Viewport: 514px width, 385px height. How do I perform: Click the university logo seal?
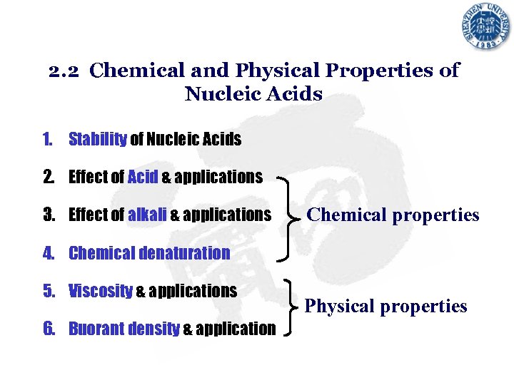click(485, 27)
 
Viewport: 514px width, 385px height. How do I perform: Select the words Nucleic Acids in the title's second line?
click(253, 93)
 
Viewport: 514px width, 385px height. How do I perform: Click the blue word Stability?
click(97, 139)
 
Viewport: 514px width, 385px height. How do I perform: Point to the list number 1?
click(48, 139)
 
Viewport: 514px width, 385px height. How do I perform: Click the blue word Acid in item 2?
click(142, 177)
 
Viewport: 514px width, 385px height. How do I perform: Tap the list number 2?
click(49, 177)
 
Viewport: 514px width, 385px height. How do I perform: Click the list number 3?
click(49, 215)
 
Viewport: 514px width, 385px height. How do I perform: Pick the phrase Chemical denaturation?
click(149, 253)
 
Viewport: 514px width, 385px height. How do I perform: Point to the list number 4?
click(49, 253)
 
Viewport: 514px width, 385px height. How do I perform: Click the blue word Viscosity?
click(100, 291)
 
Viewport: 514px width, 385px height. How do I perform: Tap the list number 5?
click(49, 291)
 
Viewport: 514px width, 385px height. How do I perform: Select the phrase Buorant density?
click(124, 329)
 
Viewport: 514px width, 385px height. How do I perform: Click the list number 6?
click(49, 329)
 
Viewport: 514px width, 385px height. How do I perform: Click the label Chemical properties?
click(393, 215)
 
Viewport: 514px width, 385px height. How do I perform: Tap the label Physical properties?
click(385, 306)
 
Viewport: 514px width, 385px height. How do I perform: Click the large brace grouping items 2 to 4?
click(287, 215)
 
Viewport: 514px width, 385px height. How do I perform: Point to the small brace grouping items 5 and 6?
click(290, 307)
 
